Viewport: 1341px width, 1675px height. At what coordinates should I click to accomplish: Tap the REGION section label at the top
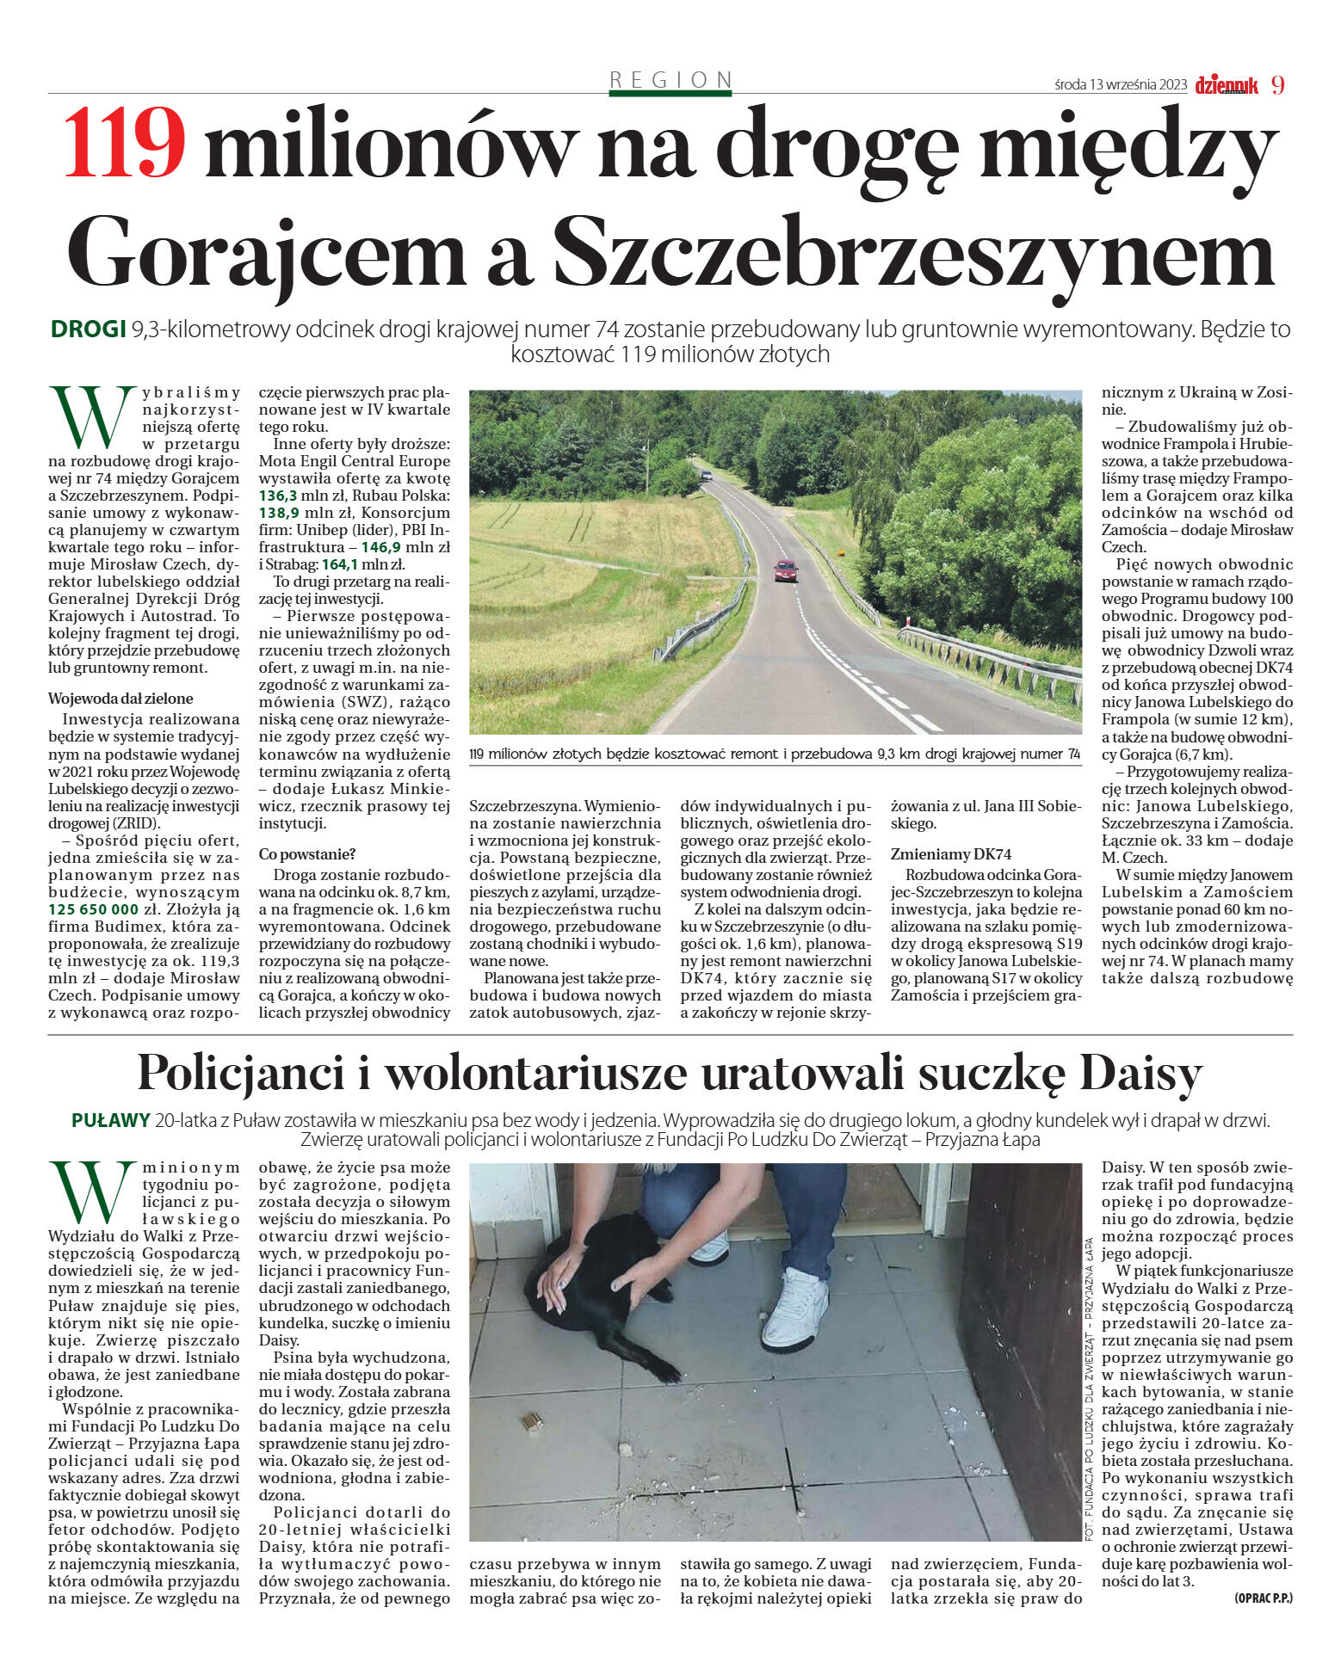coord(670,80)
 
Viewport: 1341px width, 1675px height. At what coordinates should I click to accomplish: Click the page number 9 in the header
coord(1277,85)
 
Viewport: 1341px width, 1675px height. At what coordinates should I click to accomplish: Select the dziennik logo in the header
coord(1227,85)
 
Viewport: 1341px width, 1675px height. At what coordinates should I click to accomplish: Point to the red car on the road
coord(785,570)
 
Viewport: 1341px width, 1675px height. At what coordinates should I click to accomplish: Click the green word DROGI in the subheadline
coord(88,329)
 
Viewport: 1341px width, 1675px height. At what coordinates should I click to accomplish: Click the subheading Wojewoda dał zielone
coord(121,699)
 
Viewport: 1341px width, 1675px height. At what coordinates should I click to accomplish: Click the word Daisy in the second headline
coord(1140,1074)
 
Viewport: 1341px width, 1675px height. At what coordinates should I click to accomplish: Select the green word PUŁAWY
coord(111,1121)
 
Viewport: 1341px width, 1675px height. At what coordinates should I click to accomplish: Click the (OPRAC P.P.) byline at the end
coord(1263,1598)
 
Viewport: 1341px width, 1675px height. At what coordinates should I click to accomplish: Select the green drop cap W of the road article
coord(86,417)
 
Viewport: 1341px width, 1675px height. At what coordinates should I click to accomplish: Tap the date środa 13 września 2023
coord(1121,85)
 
